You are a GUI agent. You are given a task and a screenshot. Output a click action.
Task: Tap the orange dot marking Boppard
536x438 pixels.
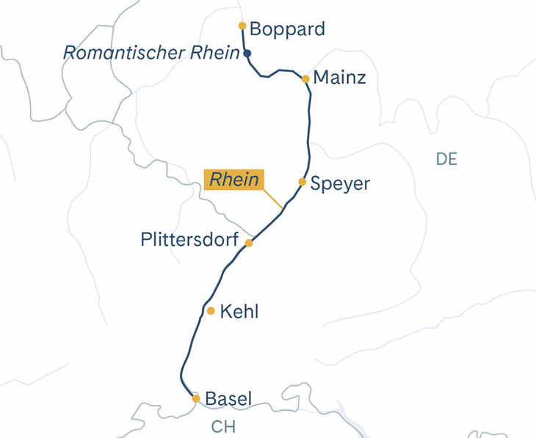tap(242, 26)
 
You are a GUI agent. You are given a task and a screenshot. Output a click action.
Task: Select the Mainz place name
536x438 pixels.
tap(339, 78)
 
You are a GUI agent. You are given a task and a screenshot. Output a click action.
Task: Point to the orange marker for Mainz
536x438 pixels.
tap(305, 79)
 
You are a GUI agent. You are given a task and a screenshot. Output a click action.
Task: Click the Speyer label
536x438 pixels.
tap(340, 183)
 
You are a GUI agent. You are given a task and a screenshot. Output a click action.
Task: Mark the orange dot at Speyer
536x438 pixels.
tap(302, 181)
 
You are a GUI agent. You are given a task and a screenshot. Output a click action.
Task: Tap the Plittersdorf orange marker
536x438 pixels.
tap(249, 243)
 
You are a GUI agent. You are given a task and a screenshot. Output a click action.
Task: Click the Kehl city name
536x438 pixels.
tap(239, 312)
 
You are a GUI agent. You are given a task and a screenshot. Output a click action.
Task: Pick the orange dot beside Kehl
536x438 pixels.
tap(211, 311)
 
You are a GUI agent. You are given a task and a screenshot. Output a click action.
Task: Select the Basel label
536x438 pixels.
tap(228, 399)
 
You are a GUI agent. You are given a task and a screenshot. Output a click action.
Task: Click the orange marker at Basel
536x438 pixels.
tap(196, 398)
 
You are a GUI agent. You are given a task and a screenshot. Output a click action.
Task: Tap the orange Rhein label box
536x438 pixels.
tap(235, 180)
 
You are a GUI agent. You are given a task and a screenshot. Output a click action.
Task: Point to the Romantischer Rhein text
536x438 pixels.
tap(152, 53)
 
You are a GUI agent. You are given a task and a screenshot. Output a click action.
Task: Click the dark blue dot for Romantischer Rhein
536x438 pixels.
tap(247, 54)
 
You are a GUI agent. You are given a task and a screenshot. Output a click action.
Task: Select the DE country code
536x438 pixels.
tap(446, 159)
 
